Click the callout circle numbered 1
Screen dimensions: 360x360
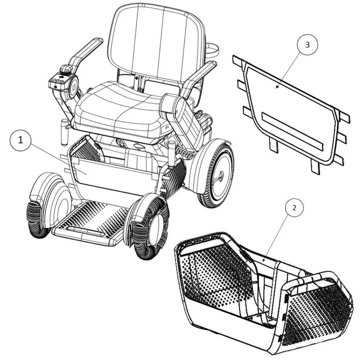(x=21, y=140)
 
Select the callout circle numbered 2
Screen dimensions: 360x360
(x=294, y=208)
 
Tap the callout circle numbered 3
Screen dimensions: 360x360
(x=307, y=45)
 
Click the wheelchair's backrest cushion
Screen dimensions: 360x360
(x=157, y=44)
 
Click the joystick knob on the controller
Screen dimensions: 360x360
(x=66, y=69)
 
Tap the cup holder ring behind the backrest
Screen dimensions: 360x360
(x=212, y=50)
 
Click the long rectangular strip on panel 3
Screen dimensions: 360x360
(x=292, y=131)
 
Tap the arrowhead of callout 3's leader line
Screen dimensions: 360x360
(x=277, y=87)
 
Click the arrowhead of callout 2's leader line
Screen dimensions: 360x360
(x=264, y=261)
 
